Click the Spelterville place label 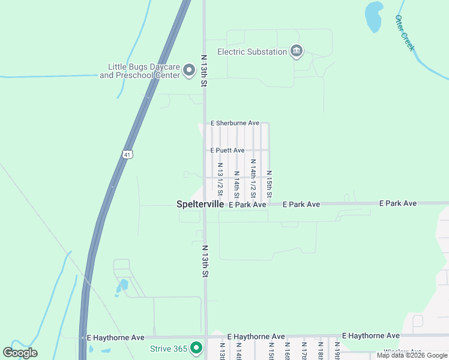tap(200, 204)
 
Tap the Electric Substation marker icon tap(296, 52)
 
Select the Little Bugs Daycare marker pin tap(189, 71)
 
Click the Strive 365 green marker tap(196, 348)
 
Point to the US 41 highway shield tap(127, 154)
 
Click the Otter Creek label tap(405, 33)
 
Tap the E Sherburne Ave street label tap(235, 123)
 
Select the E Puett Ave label tap(228, 150)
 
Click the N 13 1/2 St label tap(220, 179)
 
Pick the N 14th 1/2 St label tap(253, 179)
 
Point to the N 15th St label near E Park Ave tap(270, 184)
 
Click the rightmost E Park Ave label tap(397, 204)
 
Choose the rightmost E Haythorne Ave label tap(370, 335)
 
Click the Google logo tap(20, 353)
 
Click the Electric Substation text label tap(252, 52)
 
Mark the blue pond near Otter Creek tap(373, 16)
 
